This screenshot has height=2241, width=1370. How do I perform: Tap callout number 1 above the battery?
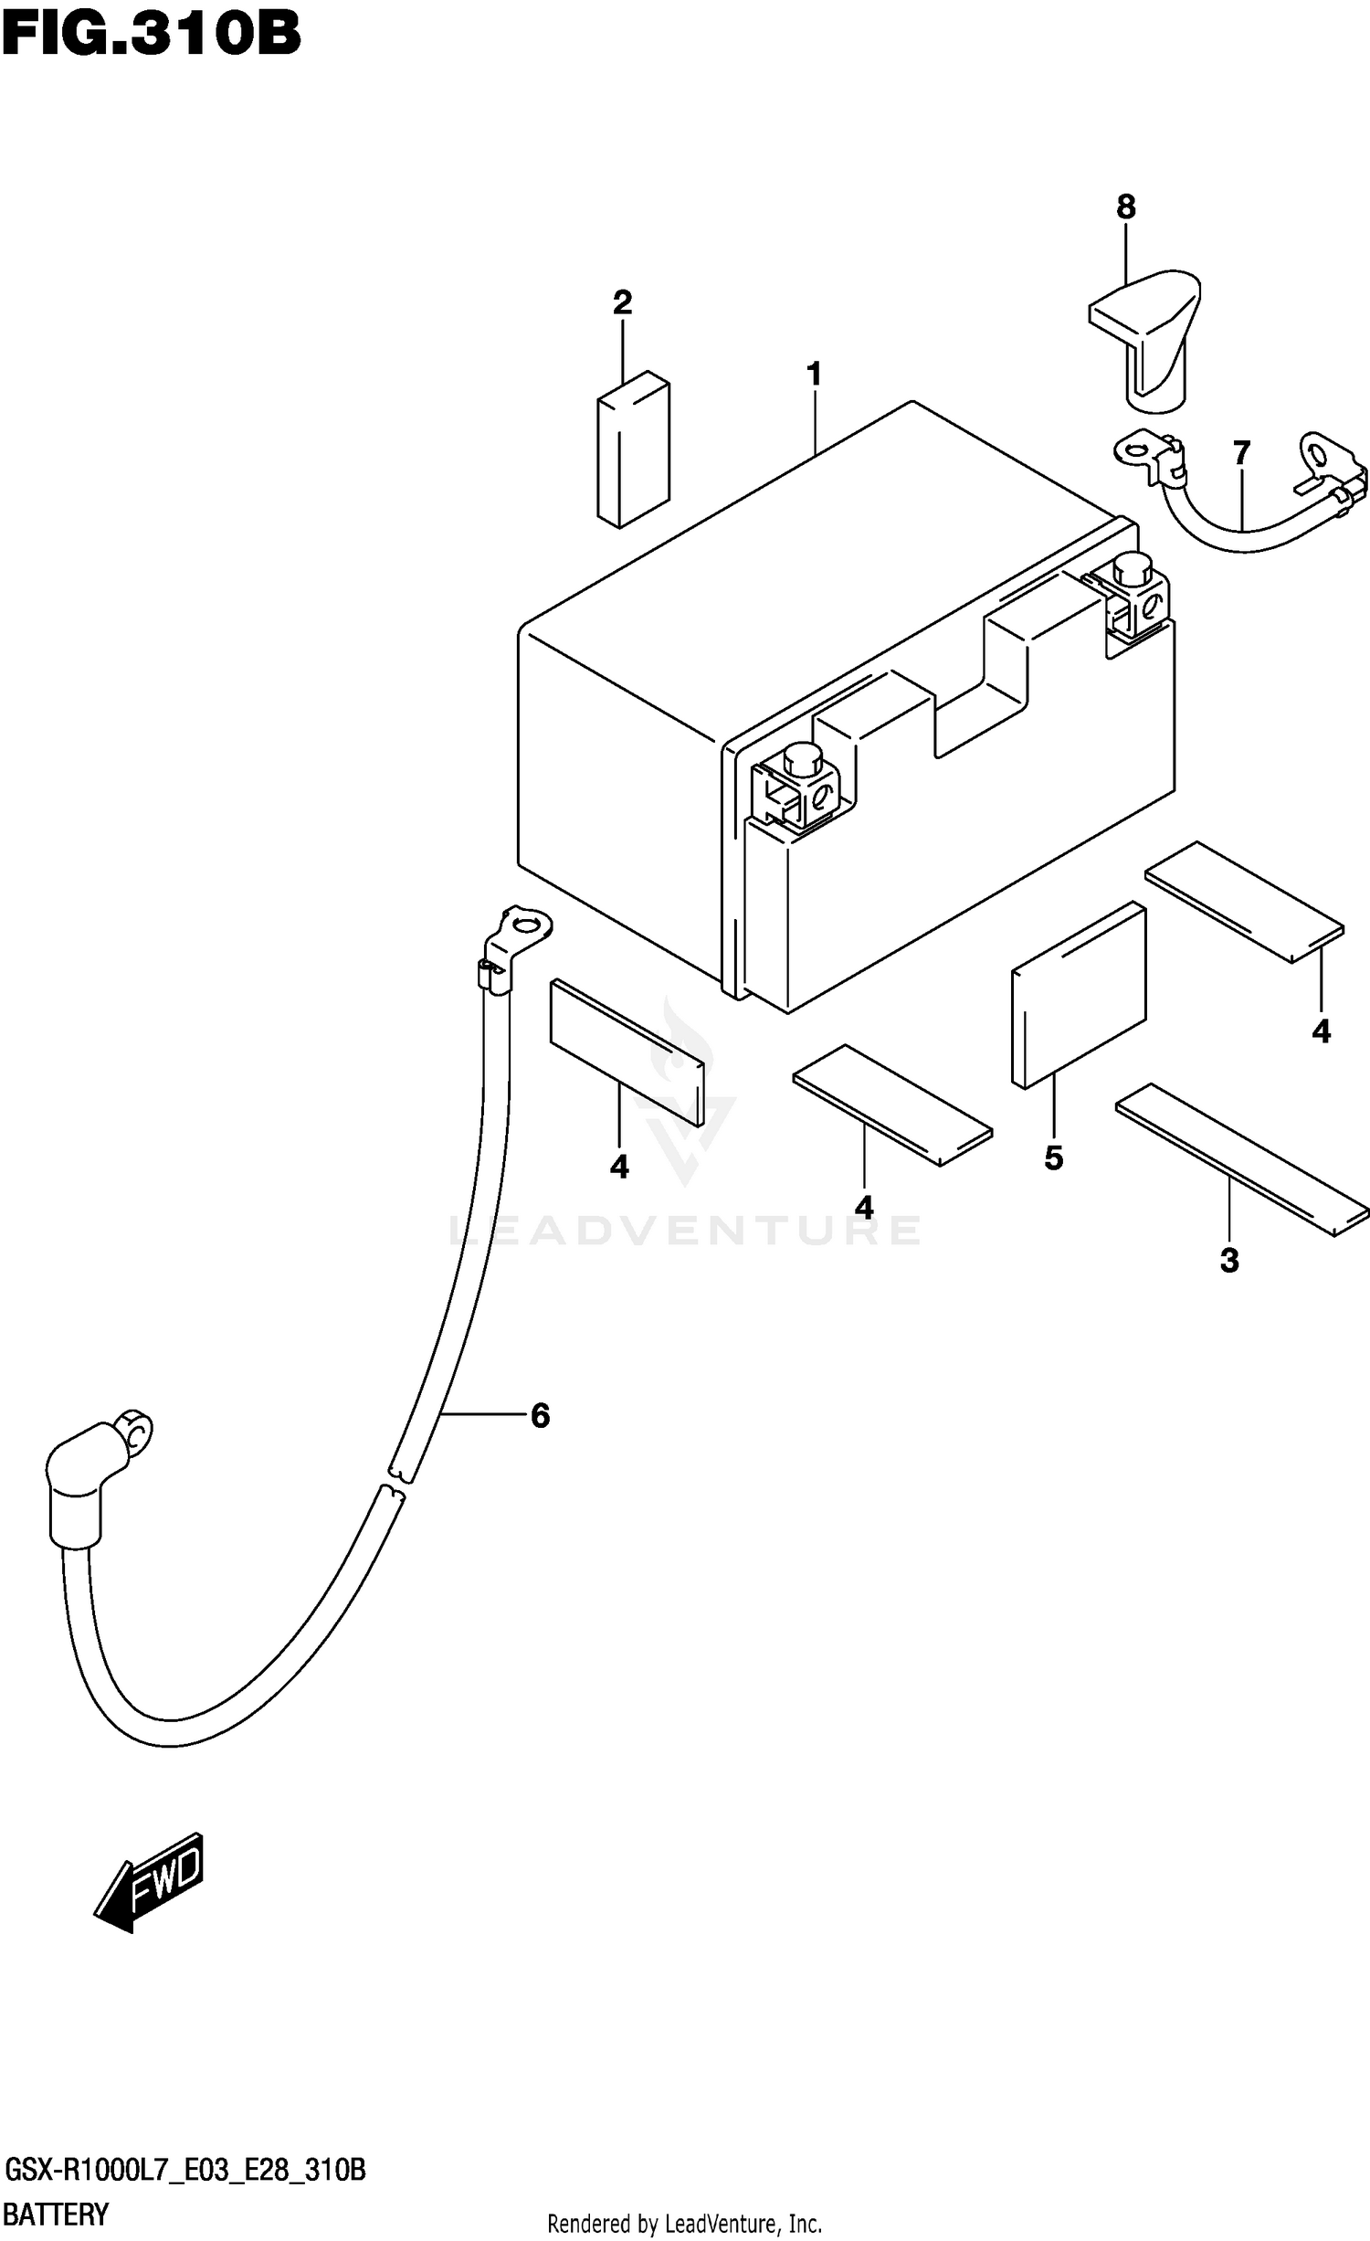coord(814,375)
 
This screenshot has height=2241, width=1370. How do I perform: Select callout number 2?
coord(622,302)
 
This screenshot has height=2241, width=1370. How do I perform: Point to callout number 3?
coord(1229,1262)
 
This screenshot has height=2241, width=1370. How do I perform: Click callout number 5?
coord(1053,1158)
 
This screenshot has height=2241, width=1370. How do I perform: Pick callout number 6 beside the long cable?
coord(540,1416)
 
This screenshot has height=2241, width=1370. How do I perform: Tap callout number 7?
coord(1241,453)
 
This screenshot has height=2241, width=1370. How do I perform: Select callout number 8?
coord(1125,207)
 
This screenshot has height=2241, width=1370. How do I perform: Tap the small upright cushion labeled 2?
coord(633,449)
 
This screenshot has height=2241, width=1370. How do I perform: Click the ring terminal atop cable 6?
coord(526,925)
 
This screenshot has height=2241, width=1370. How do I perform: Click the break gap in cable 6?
coord(396,1481)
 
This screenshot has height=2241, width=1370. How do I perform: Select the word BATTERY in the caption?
coord(57,2215)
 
